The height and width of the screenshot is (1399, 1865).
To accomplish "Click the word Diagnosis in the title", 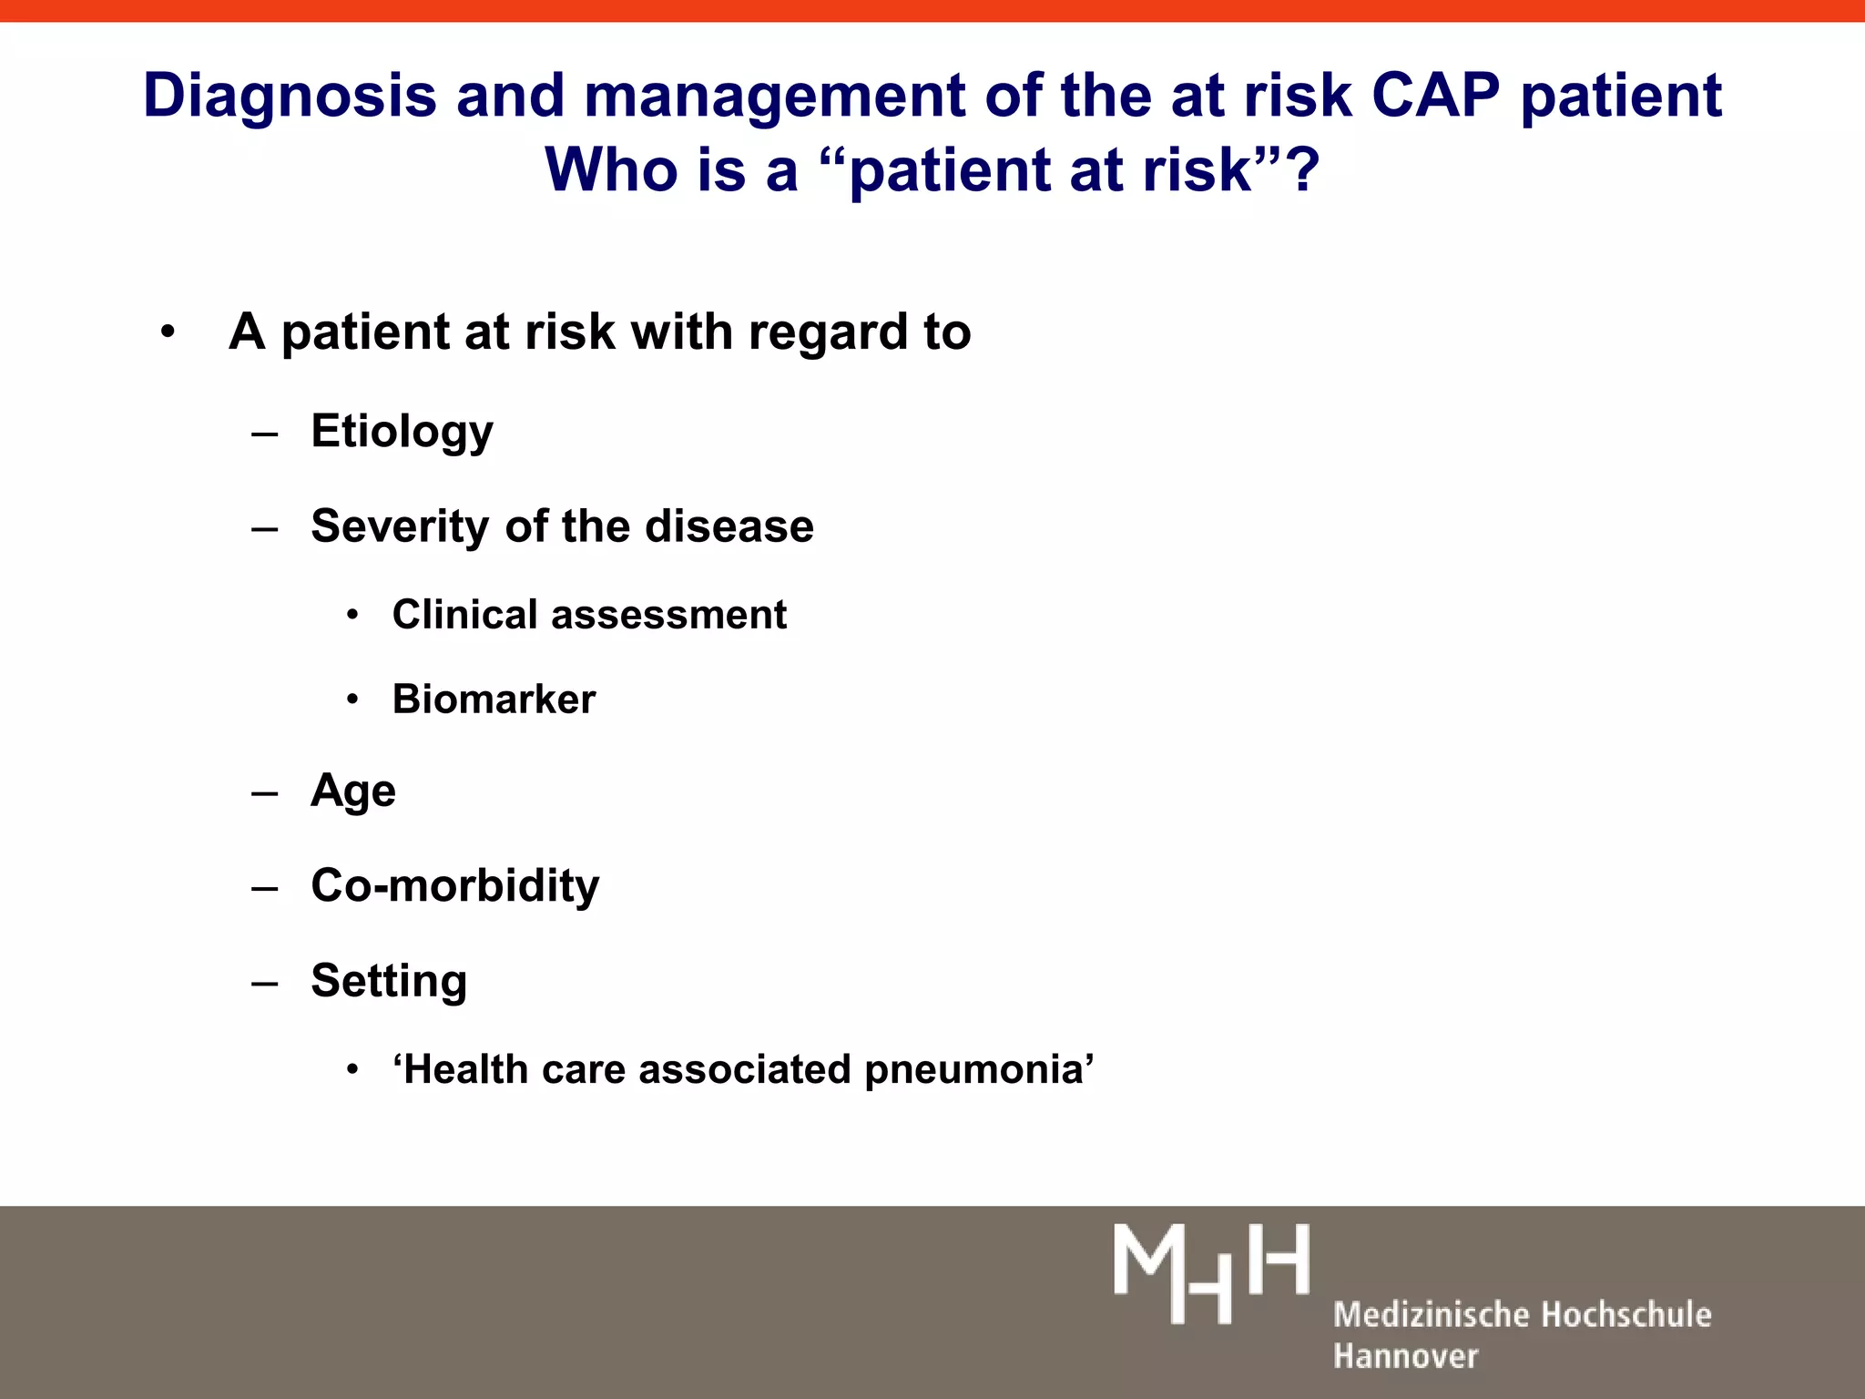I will point(289,97).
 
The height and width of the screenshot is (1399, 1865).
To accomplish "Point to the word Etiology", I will point(402,432).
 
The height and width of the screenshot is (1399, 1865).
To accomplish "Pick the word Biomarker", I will point(494,699).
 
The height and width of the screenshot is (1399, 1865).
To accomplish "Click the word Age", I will point(353,791).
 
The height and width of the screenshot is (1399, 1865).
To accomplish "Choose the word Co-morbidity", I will point(455,885).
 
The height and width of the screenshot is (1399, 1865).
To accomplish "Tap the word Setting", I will point(389,982).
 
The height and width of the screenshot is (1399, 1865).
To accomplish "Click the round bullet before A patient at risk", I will point(167,332).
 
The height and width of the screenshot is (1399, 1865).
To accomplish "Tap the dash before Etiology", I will point(265,434).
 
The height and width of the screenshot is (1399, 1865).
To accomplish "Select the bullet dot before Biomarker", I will point(352,700).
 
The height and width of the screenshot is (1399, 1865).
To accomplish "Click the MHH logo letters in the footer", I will point(1211,1273).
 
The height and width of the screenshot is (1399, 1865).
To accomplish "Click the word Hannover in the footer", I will point(1405,1356).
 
